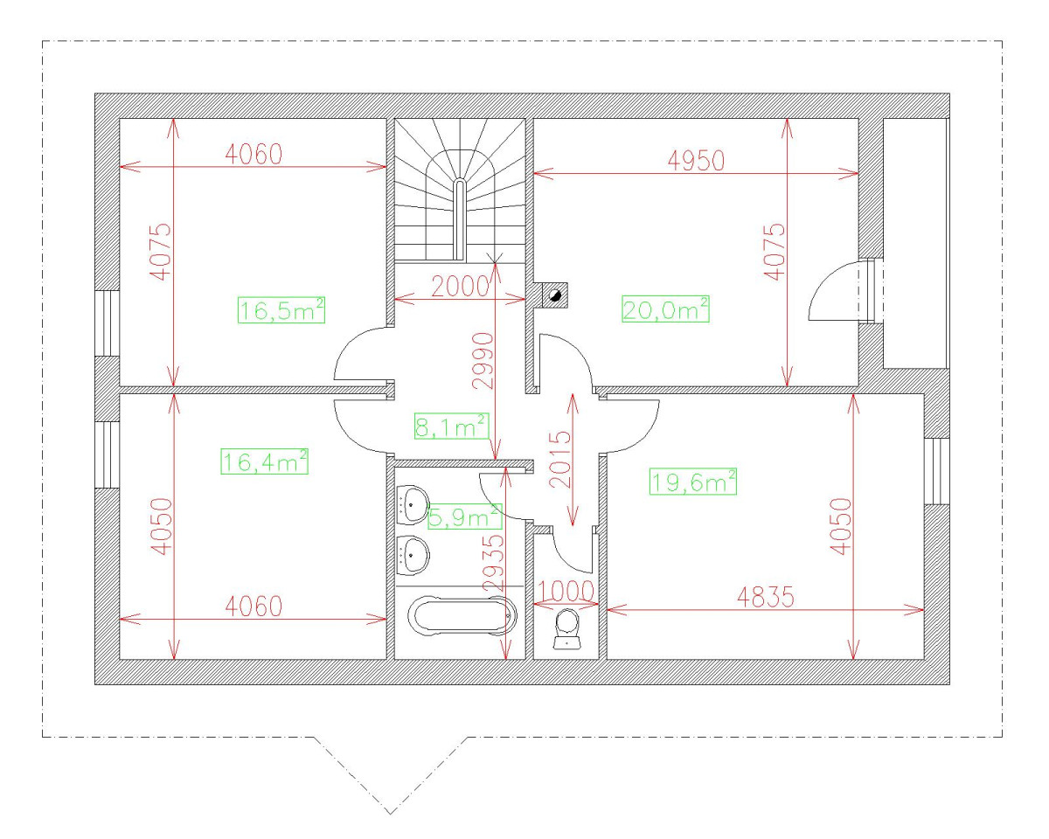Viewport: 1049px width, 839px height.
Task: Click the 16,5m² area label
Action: [x=281, y=309]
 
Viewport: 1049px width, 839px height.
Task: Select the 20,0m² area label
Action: [x=664, y=309]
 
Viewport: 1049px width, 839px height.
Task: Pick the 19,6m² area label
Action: [x=693, y=482]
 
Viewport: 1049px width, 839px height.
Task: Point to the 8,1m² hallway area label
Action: [x=450, y=426]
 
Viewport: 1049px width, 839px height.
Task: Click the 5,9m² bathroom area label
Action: [x=463, y=518]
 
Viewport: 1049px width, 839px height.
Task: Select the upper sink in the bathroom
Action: [x=412, y=504]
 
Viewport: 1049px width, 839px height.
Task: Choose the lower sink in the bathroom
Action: [x=412, y=552]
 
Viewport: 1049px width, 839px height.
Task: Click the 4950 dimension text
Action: [x=695, y=161]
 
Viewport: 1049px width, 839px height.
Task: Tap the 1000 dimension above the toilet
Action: [x=565, y=590]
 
